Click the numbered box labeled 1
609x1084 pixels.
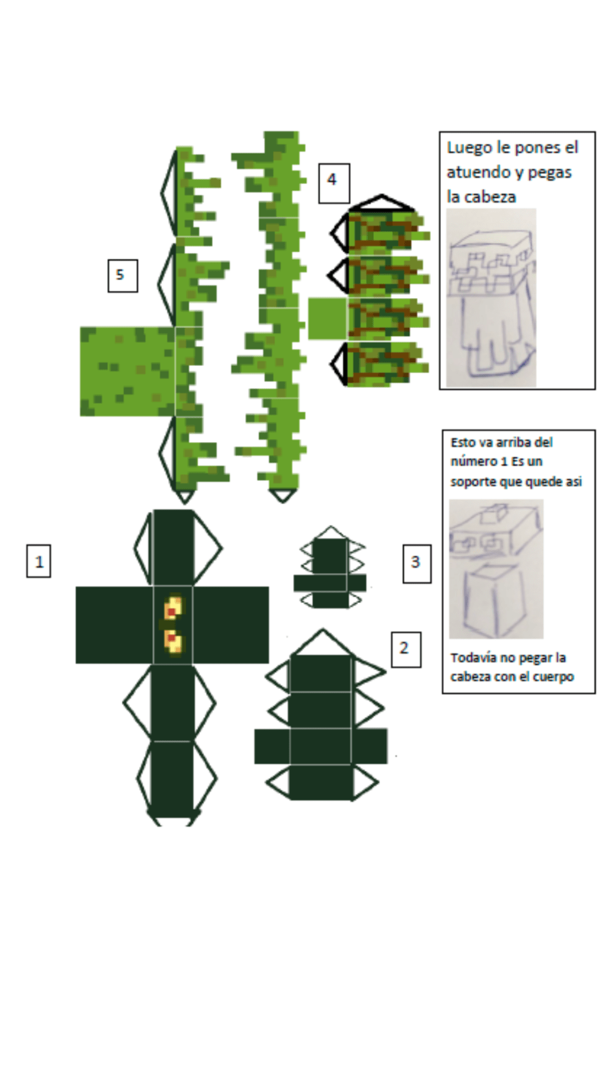click(38, 561)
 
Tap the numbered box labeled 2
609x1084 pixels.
click(406, 649)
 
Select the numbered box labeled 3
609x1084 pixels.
click(417, 563)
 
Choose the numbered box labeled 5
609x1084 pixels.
click(122, 276)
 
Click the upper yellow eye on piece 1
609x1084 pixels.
click(173, 608)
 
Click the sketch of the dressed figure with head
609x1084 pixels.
click(491, 299)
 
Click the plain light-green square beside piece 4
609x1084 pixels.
click(327, 318)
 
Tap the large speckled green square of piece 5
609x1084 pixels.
click(127, 371)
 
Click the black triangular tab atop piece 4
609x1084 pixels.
click(382, 203)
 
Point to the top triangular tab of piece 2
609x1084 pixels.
click(322, 643)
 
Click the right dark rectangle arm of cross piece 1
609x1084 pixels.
click(230, 625)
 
